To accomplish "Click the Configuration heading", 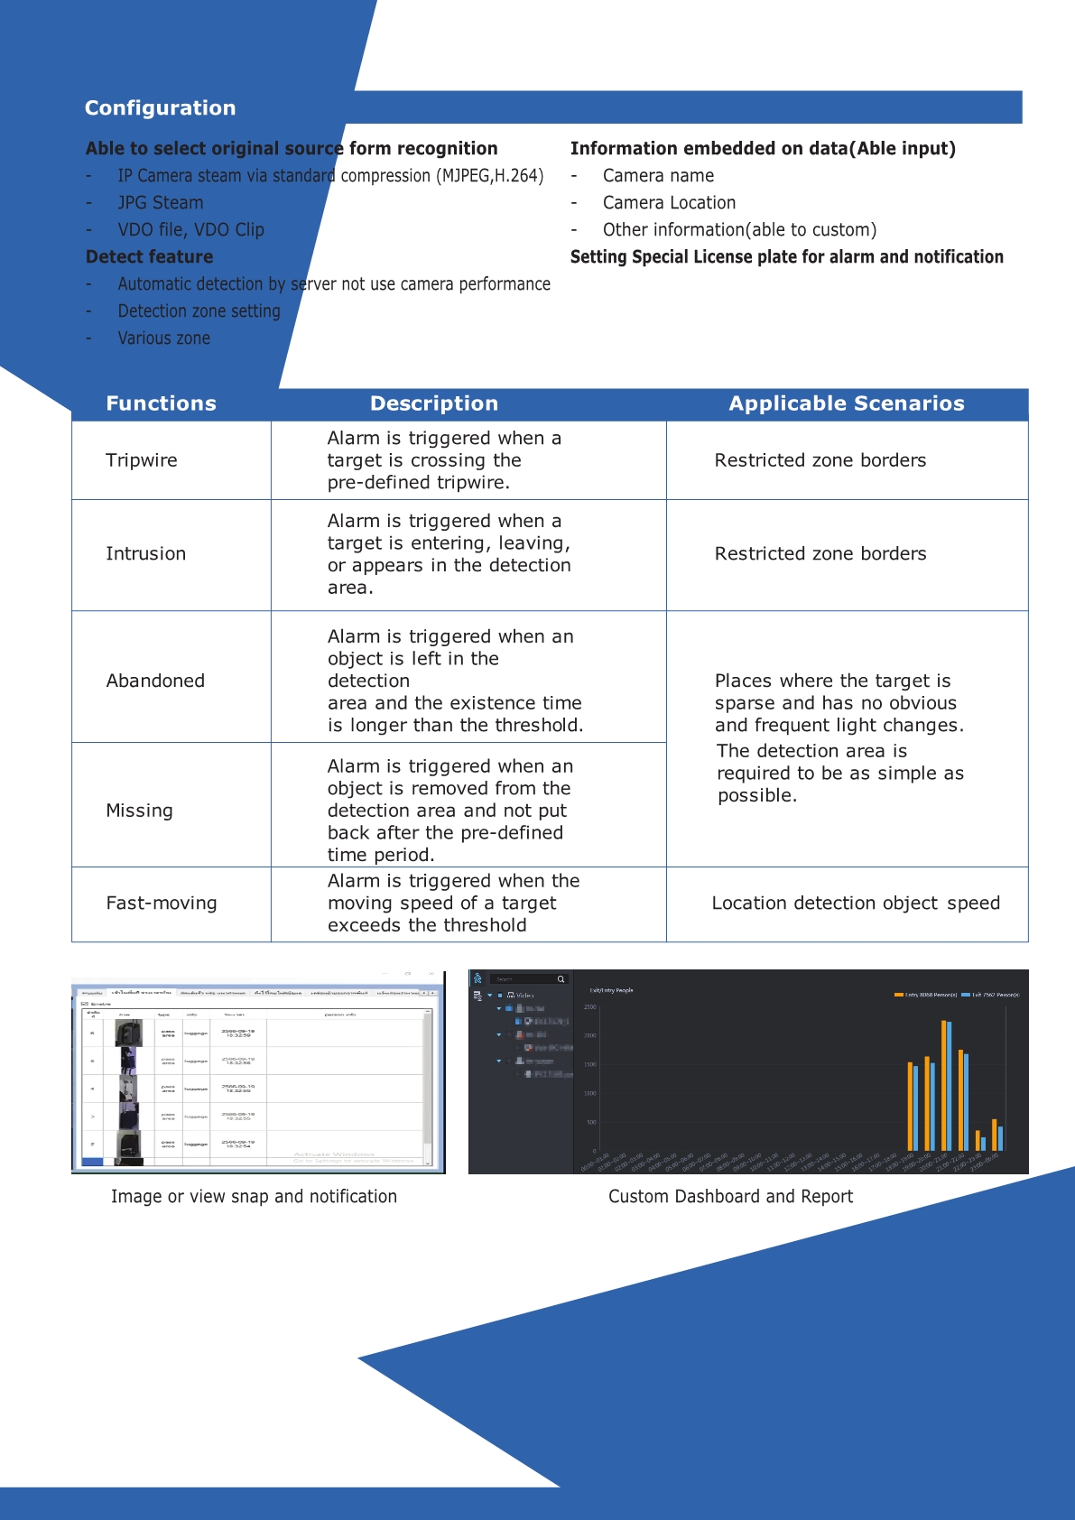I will pos(160,108).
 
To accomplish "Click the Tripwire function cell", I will pos(142,460).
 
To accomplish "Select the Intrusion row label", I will pos(145,554).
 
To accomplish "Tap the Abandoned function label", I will pos(155,681).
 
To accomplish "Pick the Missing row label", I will pos(139,811).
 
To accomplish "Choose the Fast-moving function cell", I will pos(162,904).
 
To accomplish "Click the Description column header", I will pos(434,404).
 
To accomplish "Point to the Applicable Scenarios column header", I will pos(847,404).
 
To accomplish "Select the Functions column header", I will pos(161,404).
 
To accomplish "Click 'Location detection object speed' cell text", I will pos(856,904).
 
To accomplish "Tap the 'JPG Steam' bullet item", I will pos(161,203).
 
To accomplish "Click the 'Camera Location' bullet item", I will pos(669,203).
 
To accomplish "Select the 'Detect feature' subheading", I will pos(150,257).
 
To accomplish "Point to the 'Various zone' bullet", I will pos(163,338).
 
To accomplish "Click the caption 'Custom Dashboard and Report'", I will pos(730,1197).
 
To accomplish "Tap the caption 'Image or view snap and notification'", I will pos(254,1197).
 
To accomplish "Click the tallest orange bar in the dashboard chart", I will pos(943,1083).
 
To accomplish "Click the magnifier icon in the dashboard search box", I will pos(561,979).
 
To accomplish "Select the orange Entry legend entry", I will pos(924,995).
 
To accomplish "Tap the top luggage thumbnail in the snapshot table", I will pos(129,1033).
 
